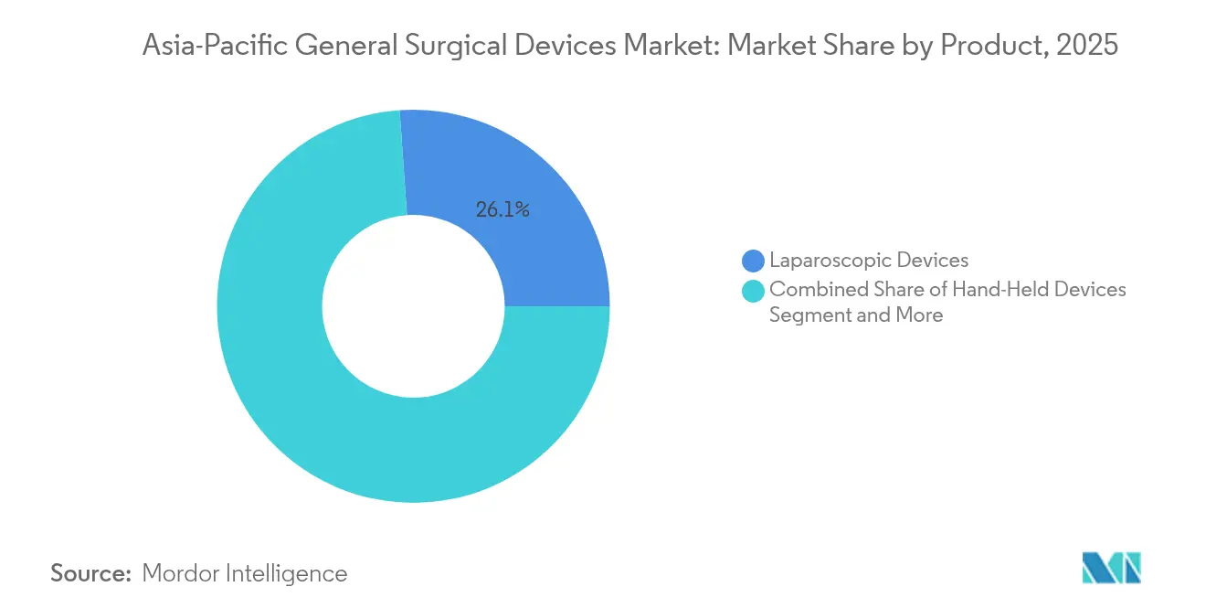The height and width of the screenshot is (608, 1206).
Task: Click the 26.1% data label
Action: (x=503, y=209)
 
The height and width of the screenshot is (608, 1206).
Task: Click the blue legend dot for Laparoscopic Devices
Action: (x=753, y=261)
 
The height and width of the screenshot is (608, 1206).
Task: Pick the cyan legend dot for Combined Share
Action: (x=753, y=291)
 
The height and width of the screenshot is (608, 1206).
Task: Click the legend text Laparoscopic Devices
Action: (x=869, y=261)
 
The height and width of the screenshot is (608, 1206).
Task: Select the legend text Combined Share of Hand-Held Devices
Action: (x=947, y=290)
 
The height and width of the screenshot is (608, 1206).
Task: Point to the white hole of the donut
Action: (x=413, y=306)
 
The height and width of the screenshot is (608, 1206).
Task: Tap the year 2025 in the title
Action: (x=1086, y=46)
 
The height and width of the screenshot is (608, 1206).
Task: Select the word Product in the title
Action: (x=992, y=46)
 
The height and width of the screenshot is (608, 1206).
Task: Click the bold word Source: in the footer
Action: (x=91, y=573)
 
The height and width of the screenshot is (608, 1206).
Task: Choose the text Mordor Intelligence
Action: (x=245, y=573)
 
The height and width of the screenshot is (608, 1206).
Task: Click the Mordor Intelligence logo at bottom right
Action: (x=1111, y=568)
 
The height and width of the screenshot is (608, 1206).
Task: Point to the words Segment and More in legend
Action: (x=856, y=315)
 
